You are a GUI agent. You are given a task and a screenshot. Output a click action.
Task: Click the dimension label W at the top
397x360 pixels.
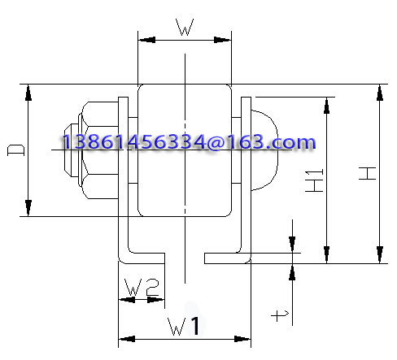pyautogui.click(x=185, y=27)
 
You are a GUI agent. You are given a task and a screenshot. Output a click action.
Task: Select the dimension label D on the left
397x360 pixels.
pyautogui.click(x=15, y=150)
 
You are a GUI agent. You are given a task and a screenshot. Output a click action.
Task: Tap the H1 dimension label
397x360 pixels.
pyautogui.click(x=314, y=180)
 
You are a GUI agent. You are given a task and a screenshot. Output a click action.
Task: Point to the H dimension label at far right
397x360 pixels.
pyautogui.click(x=367, y=173)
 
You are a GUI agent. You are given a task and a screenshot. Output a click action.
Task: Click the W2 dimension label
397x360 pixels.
pyautogui.click(x=142, y=288)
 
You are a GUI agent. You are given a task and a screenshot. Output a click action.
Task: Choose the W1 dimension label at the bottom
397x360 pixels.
pyautogui.click(x=184, y=326)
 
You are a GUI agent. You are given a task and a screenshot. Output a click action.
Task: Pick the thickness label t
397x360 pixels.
pyautogui.click(x=280, y=315)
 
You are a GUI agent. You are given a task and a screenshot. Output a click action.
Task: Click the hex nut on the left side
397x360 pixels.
pyautogui.click(x=99, y=150)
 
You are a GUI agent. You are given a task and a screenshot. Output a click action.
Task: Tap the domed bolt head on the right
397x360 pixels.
pyautogui.click(x=264, y=150)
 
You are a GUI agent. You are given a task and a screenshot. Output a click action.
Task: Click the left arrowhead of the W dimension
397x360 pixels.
pyautogui.click(x=146, y=40)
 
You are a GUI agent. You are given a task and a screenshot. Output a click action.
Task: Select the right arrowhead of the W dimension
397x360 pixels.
pyautogui.click(x=223, y=40)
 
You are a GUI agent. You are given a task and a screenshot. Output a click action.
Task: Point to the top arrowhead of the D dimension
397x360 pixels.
pyautogui.click(x=28, y=93)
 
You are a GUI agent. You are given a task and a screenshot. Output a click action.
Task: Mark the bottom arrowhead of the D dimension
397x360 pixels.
pyautogui.click(x=28, y=208)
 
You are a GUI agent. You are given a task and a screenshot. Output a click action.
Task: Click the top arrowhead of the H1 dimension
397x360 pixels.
pyautogui.click(x=326, y=106)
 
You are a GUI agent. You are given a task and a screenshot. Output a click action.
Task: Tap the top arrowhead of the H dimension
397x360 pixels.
pyautogui.click(x=380, y=93)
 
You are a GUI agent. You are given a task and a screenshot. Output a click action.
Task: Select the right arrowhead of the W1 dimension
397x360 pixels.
pyautogui.click(x=242, y=339)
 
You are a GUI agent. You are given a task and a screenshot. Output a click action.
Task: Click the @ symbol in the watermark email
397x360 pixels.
pyautogui.click(x=216, y=142)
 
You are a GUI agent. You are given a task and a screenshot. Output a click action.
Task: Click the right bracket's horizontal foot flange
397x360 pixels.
pyautogui.click(x=227, y=258)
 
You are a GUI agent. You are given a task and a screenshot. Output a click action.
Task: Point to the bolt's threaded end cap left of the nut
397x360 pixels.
pyautogui.click(x=72, y=150)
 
